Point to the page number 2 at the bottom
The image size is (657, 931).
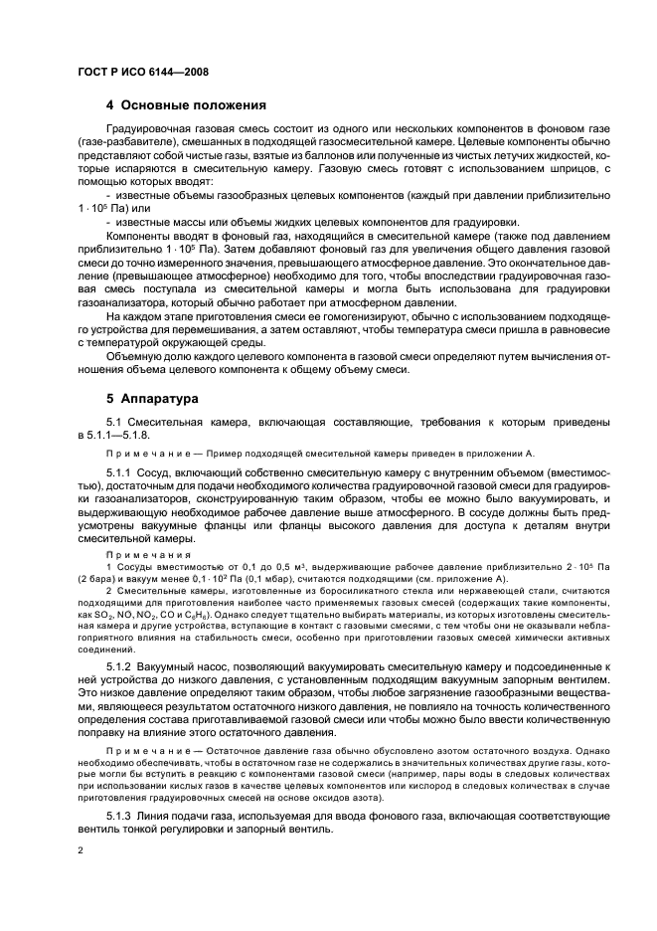(x=81, y=850)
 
